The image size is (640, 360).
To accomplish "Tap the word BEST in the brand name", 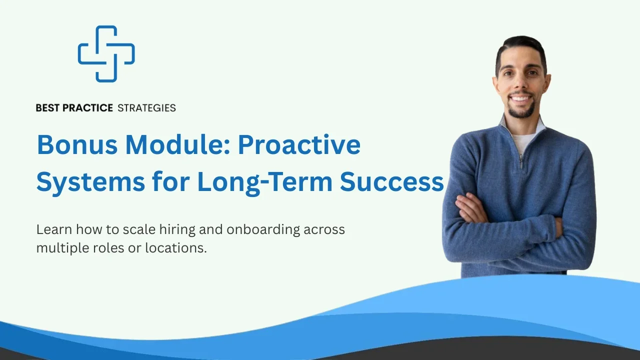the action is [47, 108].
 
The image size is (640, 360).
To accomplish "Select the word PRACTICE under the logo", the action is [87, 108].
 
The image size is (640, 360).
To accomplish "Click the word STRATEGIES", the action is [146, 108].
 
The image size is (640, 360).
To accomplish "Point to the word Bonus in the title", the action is [77, 144].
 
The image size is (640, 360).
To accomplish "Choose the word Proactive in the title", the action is [299, 144].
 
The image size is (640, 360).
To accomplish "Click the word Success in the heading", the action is [391, 182].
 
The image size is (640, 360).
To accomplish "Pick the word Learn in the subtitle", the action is [54, 229].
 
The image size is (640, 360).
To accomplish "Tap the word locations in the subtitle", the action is [175, 248].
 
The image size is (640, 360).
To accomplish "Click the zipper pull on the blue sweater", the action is [521, 161].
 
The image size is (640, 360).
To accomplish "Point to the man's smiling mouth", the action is [520, 99].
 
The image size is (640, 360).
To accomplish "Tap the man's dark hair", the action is [521, 50].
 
